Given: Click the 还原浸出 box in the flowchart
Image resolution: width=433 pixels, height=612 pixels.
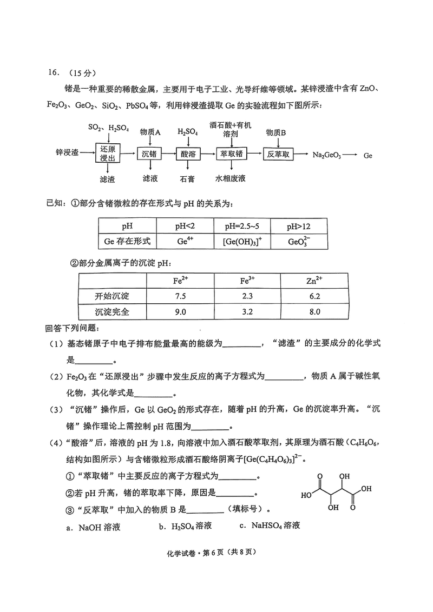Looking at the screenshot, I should pos(108,154).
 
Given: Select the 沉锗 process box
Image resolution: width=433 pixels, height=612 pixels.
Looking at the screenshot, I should pos(149,154).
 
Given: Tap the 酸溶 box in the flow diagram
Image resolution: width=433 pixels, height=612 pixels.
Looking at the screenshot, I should pos(188,154).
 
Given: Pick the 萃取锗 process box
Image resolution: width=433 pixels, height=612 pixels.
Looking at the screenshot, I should pos(231,154).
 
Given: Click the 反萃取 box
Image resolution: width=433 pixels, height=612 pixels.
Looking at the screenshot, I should pos(279,154).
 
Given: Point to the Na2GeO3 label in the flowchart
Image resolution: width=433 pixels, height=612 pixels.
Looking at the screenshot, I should pos(327,155).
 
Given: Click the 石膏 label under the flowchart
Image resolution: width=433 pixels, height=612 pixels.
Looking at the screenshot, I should pos(187,178).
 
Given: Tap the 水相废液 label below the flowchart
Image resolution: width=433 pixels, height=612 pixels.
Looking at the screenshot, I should pos(231,178).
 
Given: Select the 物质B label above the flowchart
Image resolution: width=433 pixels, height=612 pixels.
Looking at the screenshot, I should pos(276,132).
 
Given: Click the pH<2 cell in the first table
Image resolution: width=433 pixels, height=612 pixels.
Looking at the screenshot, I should pos(185,225).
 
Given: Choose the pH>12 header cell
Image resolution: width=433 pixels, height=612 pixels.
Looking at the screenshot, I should pos(298,225).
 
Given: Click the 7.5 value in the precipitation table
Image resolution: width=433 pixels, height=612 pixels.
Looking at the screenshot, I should pos(180,296).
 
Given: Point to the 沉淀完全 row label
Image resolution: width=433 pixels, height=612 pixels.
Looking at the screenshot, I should pos(113,312).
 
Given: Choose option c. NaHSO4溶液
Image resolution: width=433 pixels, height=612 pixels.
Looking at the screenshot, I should pos(269,525).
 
